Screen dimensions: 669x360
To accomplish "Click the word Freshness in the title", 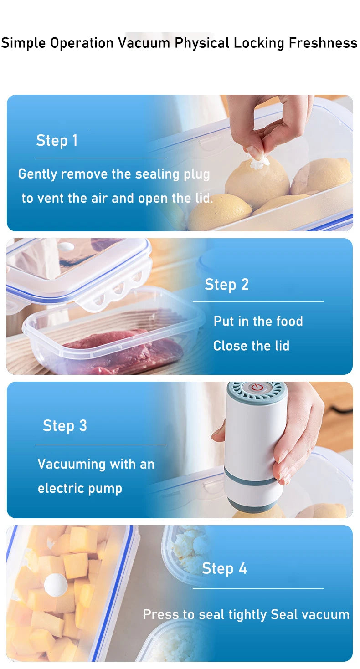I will (x=323, y=43).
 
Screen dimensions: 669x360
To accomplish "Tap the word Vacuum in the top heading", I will (x=145, y=43).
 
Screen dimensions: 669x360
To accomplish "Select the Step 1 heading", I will (x=57, y=141).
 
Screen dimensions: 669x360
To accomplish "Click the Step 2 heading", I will (x=226, y=285).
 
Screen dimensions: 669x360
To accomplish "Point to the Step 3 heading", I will (x=65, y=426).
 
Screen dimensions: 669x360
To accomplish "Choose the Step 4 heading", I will (x=224, y=568).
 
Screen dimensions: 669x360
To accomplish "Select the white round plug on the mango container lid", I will (x=56, y=585).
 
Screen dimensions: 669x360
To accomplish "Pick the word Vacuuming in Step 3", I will (x=72, y=465).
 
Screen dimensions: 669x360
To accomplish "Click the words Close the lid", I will (x=251, y=346).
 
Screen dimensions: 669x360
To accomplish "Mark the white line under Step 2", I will (x=258, y=301).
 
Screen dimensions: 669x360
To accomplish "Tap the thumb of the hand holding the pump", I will (x=219, y=433).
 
